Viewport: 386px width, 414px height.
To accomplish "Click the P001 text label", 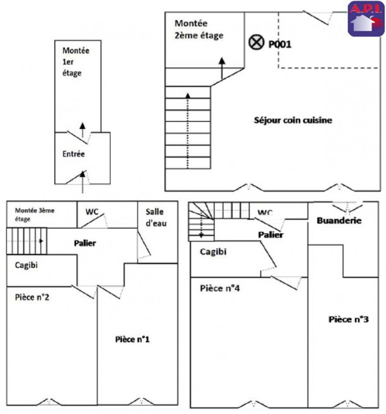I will coord(280,44).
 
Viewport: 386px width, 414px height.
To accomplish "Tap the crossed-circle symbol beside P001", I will coord(256,42).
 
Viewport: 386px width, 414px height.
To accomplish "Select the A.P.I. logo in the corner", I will coord(366,19).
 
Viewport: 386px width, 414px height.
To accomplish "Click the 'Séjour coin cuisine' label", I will coord(293,120).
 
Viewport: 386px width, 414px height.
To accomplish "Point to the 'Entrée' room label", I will coord(74,154).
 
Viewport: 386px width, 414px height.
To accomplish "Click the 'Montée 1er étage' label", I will coord(75,61).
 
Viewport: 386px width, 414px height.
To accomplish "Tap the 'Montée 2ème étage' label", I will coord(199,29).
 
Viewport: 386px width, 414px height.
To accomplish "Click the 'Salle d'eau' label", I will coord(156,217).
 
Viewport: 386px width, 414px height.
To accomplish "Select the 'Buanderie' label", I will coord(339,220).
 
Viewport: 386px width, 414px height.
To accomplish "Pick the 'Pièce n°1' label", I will coord(133,339).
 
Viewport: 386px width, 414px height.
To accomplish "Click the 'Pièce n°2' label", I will coord(33,298).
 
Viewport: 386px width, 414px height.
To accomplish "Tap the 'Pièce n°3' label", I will coord(349,319).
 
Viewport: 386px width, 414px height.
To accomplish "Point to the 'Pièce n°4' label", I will coord(220,288).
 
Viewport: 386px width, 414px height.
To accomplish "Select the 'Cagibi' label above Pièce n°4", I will coord(213,251).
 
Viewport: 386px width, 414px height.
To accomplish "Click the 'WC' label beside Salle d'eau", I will coord(91,212).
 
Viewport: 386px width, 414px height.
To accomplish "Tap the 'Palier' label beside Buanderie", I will coord(271,234).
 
